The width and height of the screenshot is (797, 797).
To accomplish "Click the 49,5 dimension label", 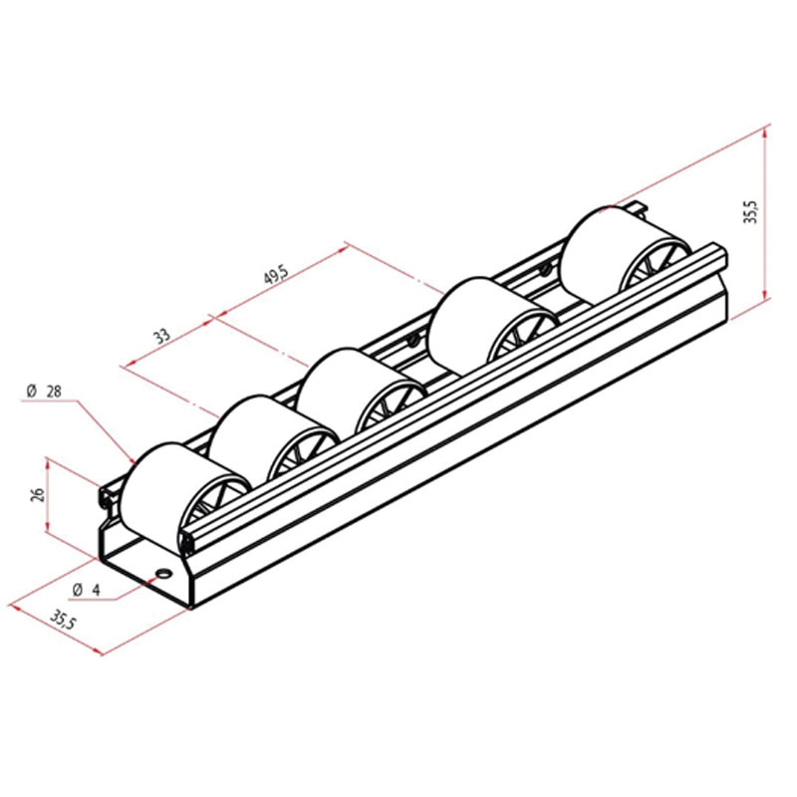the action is coord(276,275).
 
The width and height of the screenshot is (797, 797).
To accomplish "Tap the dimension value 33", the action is coord(162,336).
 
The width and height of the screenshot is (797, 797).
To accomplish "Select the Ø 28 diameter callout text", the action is coord(44,392).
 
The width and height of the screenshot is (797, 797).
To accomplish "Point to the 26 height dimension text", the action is coord(38,494).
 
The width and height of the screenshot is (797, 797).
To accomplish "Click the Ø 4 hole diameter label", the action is coord(87,590).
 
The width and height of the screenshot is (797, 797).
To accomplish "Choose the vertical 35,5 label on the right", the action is coord(750,211).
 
